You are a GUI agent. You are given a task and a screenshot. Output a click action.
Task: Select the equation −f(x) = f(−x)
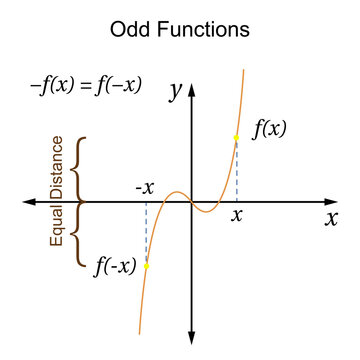pyautogui.click(x=86, y=86)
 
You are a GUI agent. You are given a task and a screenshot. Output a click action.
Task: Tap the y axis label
pyautogui.click(x=174, y=91)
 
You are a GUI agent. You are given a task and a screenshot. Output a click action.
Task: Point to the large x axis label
pyautogui.click(x=331, y=219)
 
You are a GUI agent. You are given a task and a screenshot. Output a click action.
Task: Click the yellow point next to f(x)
pyautogui.click(x=237, y=138)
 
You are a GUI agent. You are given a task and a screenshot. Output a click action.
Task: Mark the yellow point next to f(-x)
pyautogui.click(x=146, y=266)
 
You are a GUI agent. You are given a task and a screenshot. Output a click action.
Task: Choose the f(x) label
pyautogui.click(x=268, y=129)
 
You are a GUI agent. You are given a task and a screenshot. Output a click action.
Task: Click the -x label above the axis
pyautogui.click(x=144, y=187)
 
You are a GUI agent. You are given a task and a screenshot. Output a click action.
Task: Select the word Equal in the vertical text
pyautogui.click(x=57, y=226)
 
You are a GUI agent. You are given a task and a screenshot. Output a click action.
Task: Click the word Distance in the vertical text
pyautogui.click(x=57, y=166)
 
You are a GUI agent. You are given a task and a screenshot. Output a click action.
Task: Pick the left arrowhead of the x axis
pyautogui.click(x=27, y=202)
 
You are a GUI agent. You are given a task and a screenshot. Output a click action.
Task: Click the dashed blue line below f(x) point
pyautogui.click(x=237, y=172)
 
